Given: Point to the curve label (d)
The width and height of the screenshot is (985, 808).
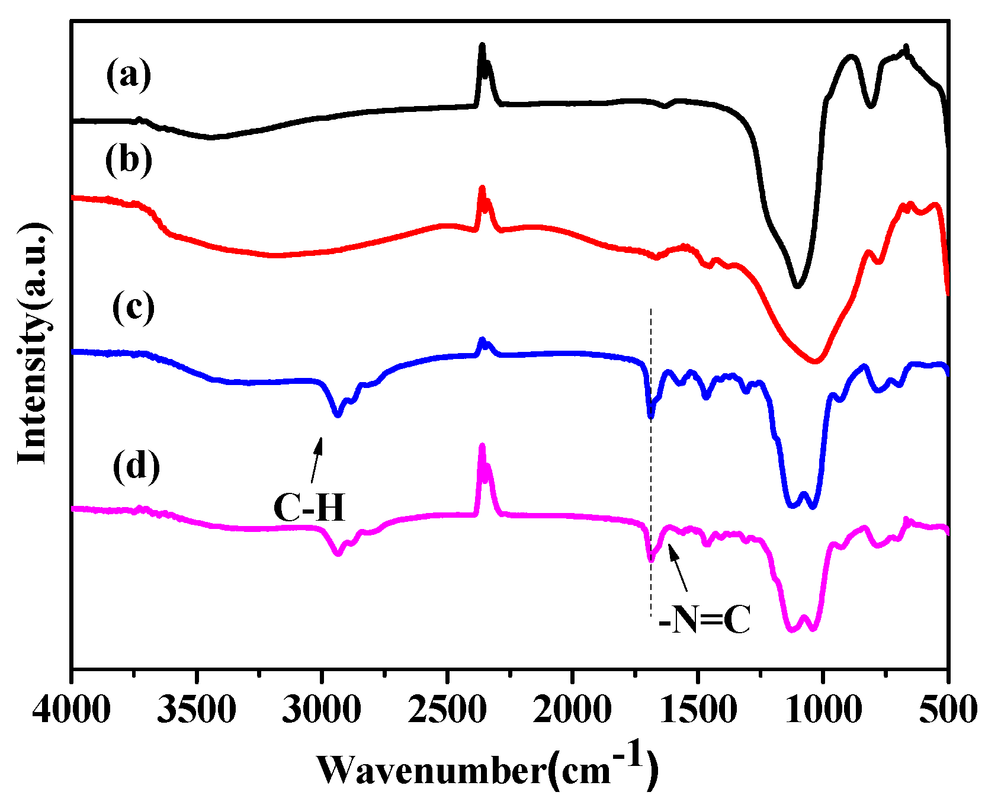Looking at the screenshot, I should click(136, 466).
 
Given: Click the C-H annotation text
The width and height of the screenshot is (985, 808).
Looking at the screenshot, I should click(309, 508).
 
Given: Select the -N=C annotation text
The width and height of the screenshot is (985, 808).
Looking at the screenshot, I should click(704, 621).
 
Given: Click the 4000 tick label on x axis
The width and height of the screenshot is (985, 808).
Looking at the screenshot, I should click(71, 709).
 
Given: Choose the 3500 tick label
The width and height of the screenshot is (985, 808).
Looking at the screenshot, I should click(197, 709).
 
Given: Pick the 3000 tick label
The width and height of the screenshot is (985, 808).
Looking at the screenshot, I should click(322, 709).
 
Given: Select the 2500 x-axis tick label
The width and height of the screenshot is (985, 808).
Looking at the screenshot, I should click(447, 709).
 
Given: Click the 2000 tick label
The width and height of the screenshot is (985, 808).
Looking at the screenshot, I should click(572, 709).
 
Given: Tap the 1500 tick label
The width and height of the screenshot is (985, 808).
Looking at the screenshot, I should click(698, 709).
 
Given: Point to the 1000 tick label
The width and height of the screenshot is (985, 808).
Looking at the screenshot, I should click(823, 709).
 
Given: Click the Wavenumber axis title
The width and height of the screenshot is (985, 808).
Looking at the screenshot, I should click(488, 768).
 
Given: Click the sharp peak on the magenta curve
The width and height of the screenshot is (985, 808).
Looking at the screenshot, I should click(482, 447).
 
